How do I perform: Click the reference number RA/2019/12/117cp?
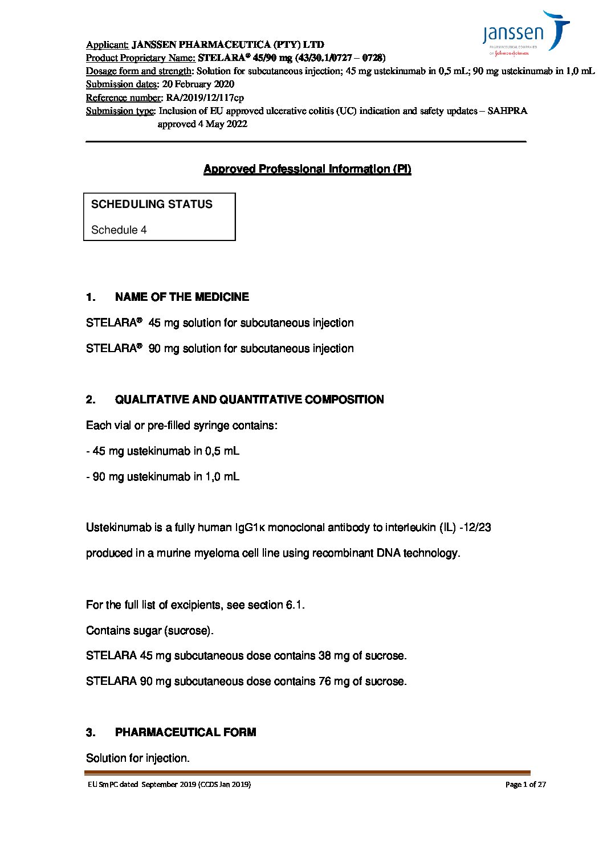pyautogui.click(x=205, y=97)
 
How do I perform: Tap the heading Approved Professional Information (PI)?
pyautogui.click(x=307, y=169)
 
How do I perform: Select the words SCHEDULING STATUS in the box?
pyautogui.click(x=152, y=204)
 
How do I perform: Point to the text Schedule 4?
pyautogui.click(x=119, y=230)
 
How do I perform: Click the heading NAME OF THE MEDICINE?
pyautogui.click(x=182, y=297)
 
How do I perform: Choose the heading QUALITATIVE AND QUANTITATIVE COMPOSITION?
pyautogui.click(x=249, y=399)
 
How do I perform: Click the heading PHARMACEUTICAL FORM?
pyautogui.click(x=185, y=732)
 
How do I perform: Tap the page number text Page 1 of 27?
pyautogui.click(x=525, y=785)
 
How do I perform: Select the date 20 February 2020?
pyautogui.click(x=198, y=84)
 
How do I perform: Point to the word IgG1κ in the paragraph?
pyautogui.click(x=250, y=528)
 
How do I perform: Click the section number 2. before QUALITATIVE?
pyautogui.click(x=91, y=399)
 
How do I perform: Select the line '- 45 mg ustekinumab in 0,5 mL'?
pyautogui.click(x=162, y=451)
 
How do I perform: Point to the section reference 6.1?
pyautogui.click(x=295, y=605)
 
